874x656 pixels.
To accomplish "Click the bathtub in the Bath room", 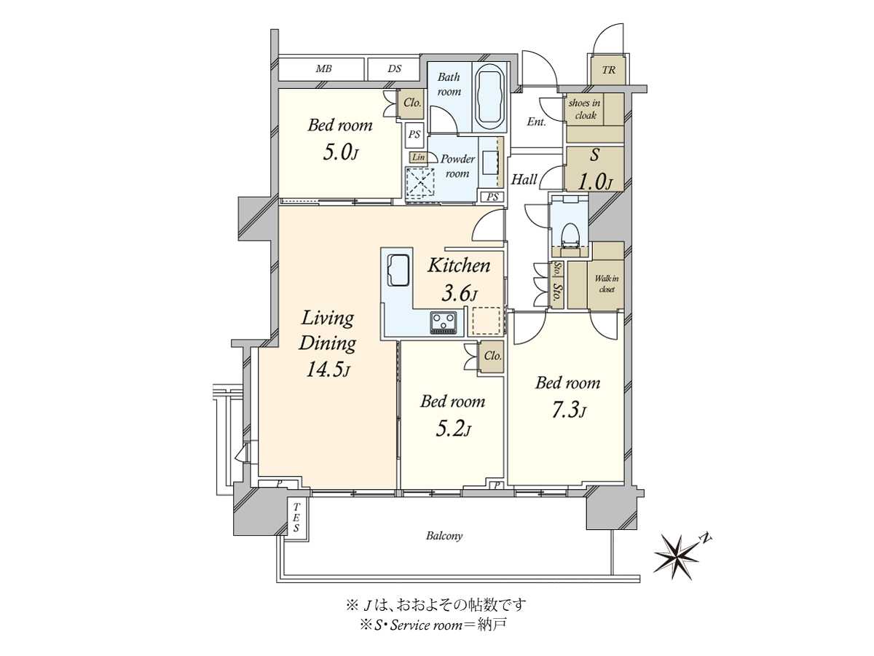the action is (490, 97).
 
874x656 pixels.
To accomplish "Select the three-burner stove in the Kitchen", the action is (445, 322).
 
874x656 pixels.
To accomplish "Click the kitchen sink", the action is (398, 270).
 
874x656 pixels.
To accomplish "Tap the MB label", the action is (323, 69).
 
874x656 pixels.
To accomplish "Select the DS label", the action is (394, 69).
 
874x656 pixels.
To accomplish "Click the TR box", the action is (608, 70).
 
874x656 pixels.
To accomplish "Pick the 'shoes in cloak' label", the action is (585, 109).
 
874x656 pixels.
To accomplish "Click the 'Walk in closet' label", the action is (607, 284).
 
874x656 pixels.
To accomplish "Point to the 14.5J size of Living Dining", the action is (327, 370).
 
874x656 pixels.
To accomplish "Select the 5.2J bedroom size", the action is (454, 429).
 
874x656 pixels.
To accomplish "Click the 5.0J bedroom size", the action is (340, 152).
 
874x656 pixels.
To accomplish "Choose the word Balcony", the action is (444, 536).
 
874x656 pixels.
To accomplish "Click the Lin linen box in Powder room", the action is (417, 157).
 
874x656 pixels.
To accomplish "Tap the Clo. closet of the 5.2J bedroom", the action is (492, 356).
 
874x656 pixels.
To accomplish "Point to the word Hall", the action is (524, 179).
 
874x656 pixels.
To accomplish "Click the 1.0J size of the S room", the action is (594, 182).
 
